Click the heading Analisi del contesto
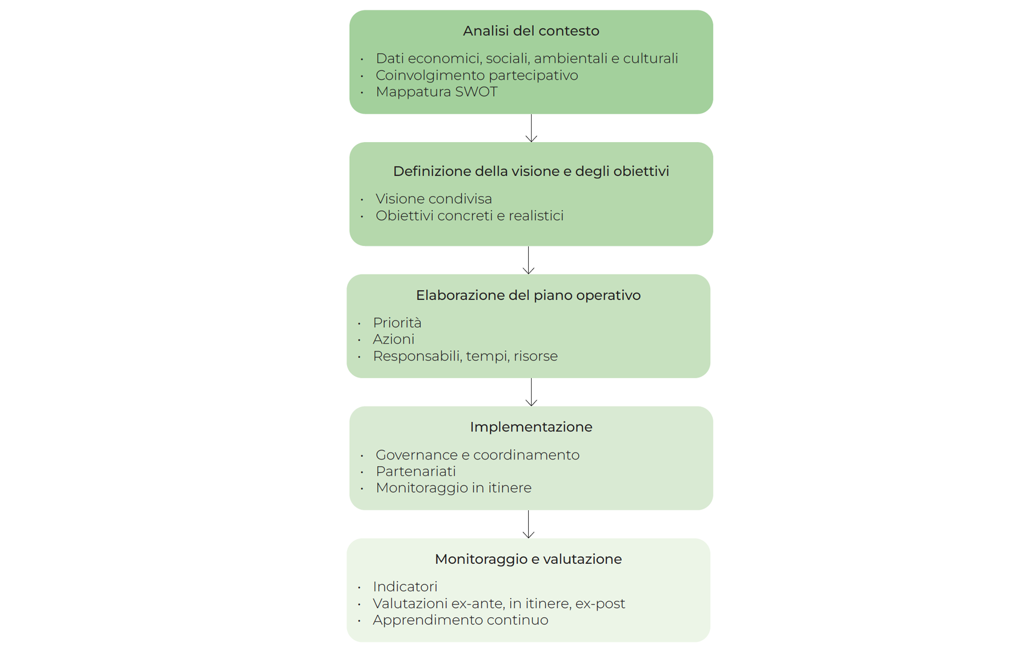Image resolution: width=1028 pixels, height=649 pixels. point(530,31)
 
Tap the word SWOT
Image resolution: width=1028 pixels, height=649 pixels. point(476,92)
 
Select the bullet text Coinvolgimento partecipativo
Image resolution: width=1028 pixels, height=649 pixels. point(476,75)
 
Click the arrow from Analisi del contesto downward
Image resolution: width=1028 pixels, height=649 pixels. point(531,128)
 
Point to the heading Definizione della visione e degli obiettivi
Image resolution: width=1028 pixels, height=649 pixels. point(530,171)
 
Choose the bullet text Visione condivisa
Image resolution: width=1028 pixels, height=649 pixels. point(433,199)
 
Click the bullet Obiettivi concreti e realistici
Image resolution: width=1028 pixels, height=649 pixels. point(469,216)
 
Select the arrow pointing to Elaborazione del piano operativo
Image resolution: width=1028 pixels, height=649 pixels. point(528,260)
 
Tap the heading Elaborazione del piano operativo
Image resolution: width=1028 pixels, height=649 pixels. point(528,295)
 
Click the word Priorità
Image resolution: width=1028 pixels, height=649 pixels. point(396,323)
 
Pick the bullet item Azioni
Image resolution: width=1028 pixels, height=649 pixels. point(393,339)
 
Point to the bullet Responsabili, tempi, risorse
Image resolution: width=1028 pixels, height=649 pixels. point(465,356)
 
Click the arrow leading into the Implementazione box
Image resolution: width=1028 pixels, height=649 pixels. point(531,392)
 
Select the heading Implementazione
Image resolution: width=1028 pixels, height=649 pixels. point(530,427)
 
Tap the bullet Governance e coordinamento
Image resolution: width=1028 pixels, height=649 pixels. point(477,455)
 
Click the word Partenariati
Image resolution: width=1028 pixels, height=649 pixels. point(415,472)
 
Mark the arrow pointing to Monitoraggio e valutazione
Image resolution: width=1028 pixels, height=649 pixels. point(528,524)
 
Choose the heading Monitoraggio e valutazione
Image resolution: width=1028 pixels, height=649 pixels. point(528,559)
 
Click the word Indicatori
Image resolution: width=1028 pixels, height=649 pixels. point(405,587)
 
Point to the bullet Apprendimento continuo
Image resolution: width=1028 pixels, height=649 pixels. point(460,620)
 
